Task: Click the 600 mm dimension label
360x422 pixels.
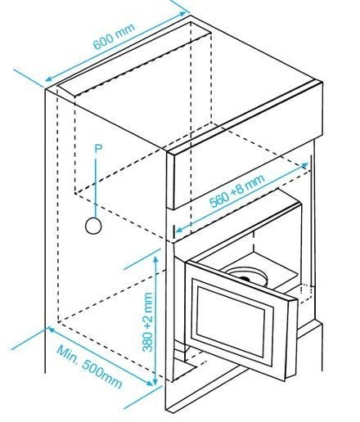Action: (x=114, y=36)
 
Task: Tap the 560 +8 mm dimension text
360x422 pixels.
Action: (x=236, y=191)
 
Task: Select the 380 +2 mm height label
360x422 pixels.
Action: (x=147, y=322)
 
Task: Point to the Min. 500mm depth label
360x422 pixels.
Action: (x=89, y=367)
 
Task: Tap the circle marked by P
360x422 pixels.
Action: (x=93, y=226)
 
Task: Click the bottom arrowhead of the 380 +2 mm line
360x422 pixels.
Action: (x=155, y=382)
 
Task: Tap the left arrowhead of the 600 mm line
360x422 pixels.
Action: (x=48, y=79)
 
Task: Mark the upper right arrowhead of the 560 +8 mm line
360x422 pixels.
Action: (x=305, y=165)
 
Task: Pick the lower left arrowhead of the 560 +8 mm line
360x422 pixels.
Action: (x=179, y=231)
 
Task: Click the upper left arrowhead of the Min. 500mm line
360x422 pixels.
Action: (x=52, y=330)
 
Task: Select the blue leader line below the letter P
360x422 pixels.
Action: (x=96, y=186)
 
